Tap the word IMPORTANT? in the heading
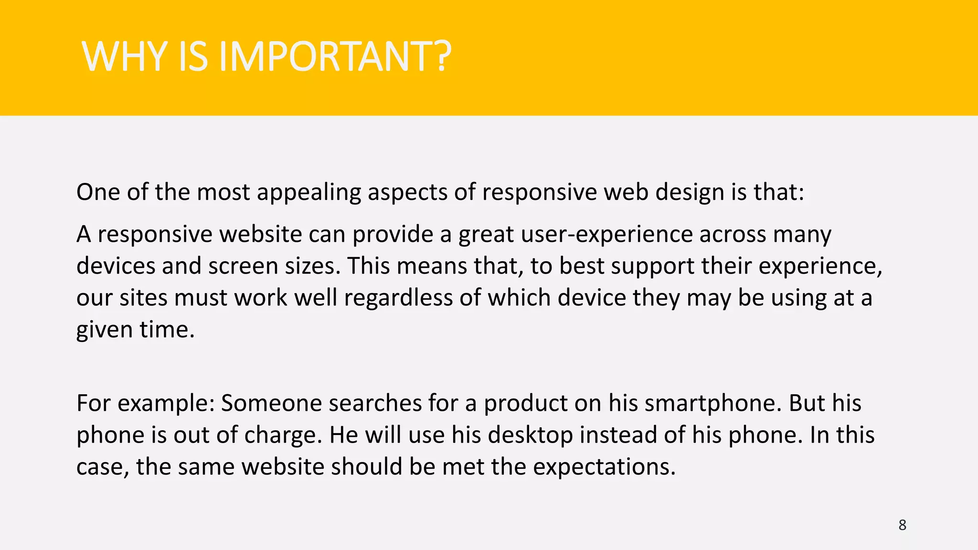click(335, 57)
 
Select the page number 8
click(902, 525)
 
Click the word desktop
click(530, 435)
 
